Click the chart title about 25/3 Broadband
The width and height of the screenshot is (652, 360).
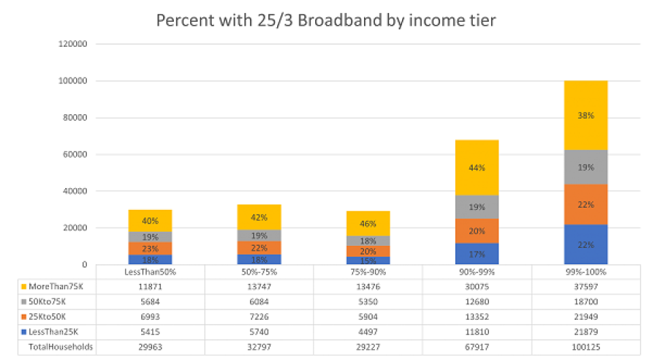(326, 20)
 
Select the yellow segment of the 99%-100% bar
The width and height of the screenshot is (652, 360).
(585, 115)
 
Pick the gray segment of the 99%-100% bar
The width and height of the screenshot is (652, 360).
(585, 168)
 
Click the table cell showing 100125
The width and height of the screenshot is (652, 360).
(585, 347)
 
